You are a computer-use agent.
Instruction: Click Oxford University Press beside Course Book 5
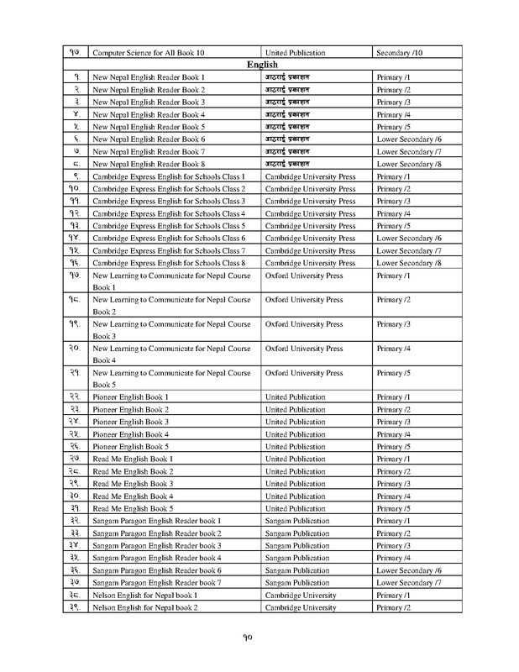click(303, 370)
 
